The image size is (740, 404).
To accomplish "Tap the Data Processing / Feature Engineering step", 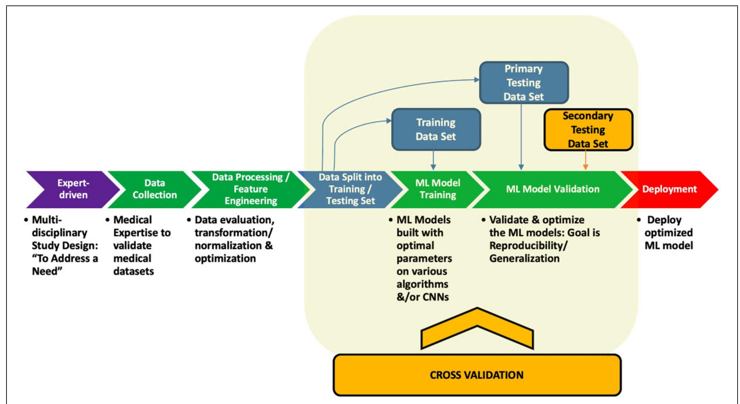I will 250,189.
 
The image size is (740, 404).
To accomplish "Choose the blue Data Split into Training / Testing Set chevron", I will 350,189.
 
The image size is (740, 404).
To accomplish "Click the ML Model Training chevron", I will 438,189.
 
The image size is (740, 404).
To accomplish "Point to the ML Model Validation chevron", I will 552,189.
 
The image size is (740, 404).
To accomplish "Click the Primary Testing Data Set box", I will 524,83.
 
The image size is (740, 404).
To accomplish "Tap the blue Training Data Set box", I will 436,129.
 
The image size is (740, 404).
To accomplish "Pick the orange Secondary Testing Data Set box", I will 588,130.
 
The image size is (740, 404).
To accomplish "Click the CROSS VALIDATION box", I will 477,375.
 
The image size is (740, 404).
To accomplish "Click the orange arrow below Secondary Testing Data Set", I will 585,160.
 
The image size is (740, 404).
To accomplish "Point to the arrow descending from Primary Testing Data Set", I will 521,137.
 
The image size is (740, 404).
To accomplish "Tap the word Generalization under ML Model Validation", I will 524,259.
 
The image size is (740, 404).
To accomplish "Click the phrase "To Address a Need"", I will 65,265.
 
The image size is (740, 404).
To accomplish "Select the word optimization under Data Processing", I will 225,259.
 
